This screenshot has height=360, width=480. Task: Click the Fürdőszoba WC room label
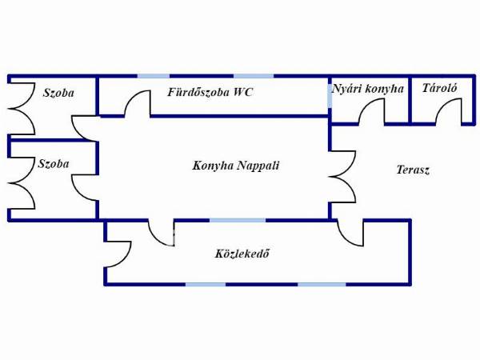[x=210, y=93]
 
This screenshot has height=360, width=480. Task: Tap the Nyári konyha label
[x=368, y=89]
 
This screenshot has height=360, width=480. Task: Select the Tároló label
[x=439, y=88]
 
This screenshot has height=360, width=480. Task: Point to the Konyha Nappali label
[x=236, y=166]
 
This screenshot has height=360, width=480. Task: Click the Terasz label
[x=413, y=170]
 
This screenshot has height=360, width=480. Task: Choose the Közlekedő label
[x=241, y=254]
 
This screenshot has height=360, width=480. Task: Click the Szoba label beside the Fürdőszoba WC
[x=58, y=93]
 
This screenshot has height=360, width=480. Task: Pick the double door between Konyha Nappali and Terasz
[x=342, y=176]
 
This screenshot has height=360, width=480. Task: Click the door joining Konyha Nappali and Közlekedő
[x=161, y=232]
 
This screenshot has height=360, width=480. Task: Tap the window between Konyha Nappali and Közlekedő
[x=237, y=220]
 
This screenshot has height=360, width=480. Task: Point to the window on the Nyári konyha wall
[x=330, y=94]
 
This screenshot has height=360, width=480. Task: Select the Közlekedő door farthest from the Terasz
[x=118, y=254]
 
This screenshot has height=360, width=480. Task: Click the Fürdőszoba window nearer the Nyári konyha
[x=253, y=77]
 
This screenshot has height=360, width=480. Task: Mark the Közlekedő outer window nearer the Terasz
[x=322, y=284]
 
